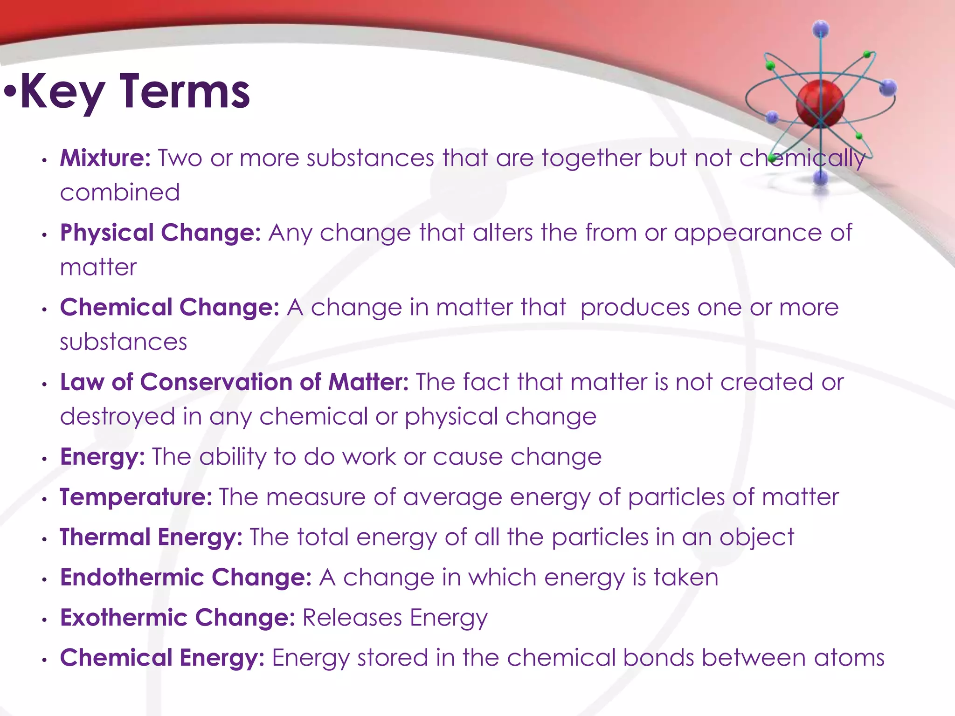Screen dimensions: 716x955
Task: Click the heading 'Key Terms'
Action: (135, 92)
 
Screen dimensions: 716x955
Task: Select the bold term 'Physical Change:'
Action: (160, 233)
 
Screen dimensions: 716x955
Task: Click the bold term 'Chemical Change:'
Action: (170, 307)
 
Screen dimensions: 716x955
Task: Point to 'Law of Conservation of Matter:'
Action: (234, 382)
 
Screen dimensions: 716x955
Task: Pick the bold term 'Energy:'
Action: (103, 457)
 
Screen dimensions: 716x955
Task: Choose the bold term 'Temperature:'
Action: (136, 497)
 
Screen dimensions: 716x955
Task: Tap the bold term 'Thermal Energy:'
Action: (151, 537)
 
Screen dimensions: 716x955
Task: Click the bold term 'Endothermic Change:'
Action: (186, 577)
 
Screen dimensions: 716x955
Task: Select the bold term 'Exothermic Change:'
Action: (178, 618)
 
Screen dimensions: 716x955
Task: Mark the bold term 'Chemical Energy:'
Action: (162, 658)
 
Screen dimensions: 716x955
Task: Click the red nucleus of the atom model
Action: (820, 103)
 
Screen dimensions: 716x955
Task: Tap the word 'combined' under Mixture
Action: (120, 193)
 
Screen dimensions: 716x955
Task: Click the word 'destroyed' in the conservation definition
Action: (118, 417)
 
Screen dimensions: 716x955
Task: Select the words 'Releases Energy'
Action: (395, 618)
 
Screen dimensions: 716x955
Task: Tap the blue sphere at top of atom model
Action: (821, 29)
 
